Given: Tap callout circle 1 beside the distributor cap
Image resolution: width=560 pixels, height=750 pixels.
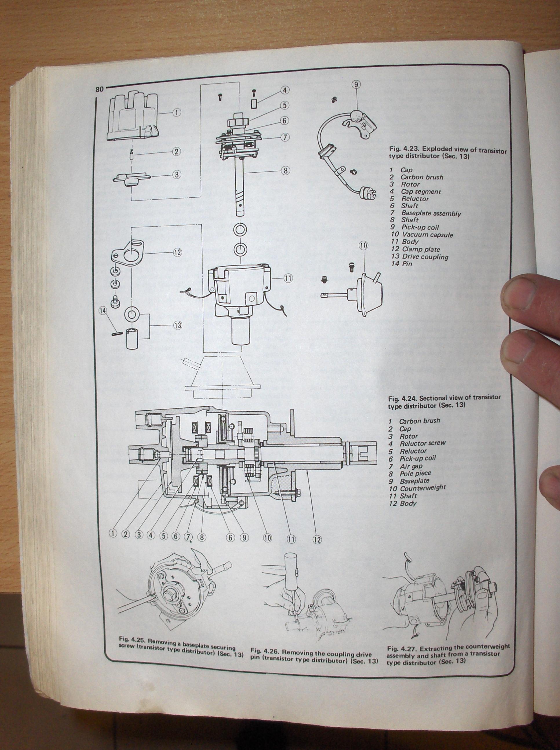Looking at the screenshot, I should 177,112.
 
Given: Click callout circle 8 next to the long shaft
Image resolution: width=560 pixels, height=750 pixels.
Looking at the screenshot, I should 285,171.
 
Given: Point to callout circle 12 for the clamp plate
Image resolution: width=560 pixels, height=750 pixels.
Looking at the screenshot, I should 177,252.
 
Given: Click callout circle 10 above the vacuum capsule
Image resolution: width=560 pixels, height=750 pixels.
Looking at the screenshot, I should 363,246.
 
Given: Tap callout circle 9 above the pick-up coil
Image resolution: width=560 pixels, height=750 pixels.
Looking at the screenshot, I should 356,84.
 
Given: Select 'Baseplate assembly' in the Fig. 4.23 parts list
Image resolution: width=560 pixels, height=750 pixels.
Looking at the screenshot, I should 431,214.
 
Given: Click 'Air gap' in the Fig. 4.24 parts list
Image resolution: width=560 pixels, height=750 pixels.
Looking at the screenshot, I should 411,466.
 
